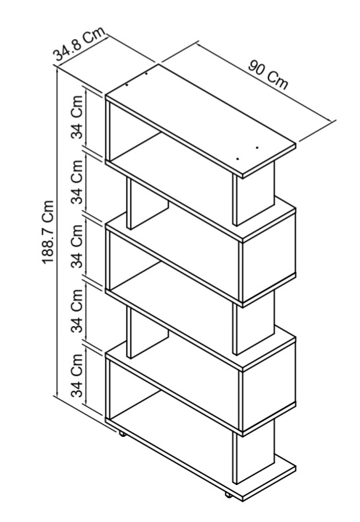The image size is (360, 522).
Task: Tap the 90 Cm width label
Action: coord(268,75)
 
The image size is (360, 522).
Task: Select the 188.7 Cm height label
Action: coord(48,232)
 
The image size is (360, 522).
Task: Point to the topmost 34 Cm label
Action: coord(77,117)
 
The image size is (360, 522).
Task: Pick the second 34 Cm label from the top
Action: coord(77,181)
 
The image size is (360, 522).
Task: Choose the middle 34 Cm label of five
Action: coord(77,246)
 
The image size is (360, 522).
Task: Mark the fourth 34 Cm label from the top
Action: coord(77,311)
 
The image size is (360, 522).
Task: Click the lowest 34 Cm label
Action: coord(77,375)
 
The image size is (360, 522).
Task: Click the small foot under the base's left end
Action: coord(121,434)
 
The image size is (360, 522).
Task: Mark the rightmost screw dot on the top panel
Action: coord(257,147)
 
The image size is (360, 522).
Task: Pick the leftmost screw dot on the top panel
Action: coord(127,84)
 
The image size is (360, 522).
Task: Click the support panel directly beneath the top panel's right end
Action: coord(255,194)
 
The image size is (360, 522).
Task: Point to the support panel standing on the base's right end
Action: coord(255,451)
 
